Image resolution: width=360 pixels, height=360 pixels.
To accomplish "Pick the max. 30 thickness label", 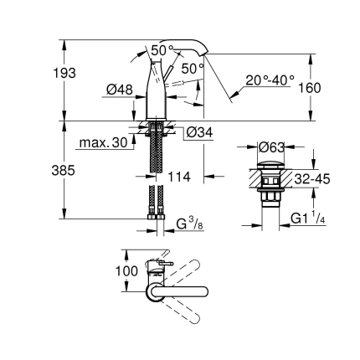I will pos(103,143).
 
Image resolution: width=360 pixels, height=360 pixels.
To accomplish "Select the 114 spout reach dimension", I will pos(178,177).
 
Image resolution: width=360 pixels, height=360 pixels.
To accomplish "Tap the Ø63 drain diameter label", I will pos(272,147).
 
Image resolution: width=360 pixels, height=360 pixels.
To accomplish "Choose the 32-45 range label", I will pos(311,178).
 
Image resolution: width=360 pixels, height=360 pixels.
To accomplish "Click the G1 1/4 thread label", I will pos(308,220).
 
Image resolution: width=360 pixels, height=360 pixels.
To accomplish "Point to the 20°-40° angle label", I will pos(270,80).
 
